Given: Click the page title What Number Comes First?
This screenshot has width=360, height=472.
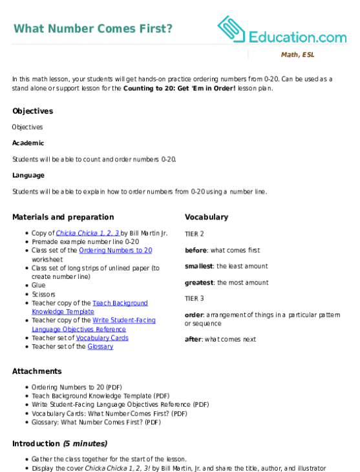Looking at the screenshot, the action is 93,28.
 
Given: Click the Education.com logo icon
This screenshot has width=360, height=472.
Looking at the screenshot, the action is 231,29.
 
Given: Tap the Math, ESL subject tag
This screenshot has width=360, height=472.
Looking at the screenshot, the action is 298,54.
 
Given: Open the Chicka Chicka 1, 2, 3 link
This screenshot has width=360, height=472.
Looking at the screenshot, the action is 88,233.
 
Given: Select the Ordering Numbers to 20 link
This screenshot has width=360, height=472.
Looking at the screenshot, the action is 116,251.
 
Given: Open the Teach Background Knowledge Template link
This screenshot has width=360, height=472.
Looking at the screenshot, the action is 90,307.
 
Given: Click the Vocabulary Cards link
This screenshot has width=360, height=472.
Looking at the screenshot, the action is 102,338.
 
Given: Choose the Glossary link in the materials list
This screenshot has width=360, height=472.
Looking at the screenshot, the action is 100,347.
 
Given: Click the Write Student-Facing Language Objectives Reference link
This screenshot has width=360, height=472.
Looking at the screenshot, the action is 94,325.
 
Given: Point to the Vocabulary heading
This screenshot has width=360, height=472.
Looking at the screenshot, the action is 206,217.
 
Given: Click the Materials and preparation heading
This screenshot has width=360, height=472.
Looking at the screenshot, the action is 63,217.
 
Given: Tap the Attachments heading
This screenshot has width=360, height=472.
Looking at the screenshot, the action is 37,371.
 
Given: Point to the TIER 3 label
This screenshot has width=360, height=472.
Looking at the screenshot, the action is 195,298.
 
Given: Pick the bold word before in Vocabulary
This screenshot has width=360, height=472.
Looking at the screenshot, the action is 196,251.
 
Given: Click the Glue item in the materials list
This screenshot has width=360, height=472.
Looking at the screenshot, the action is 39,285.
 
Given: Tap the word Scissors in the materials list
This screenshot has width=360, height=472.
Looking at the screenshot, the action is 44,294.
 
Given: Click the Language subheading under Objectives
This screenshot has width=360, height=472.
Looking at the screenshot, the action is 28,176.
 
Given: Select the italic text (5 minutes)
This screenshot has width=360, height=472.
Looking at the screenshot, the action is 85,444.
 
